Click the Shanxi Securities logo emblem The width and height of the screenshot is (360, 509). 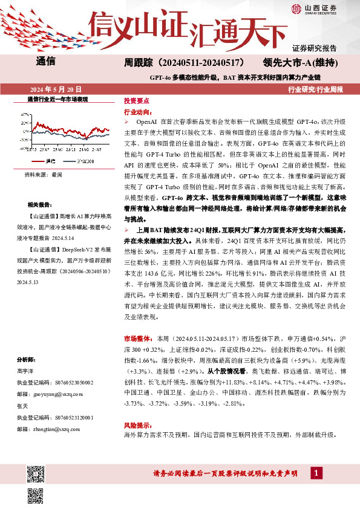tap(296, 8)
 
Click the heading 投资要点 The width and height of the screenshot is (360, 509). tap(136, 100)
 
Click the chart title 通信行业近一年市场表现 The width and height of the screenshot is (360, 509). tap(58, 98)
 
